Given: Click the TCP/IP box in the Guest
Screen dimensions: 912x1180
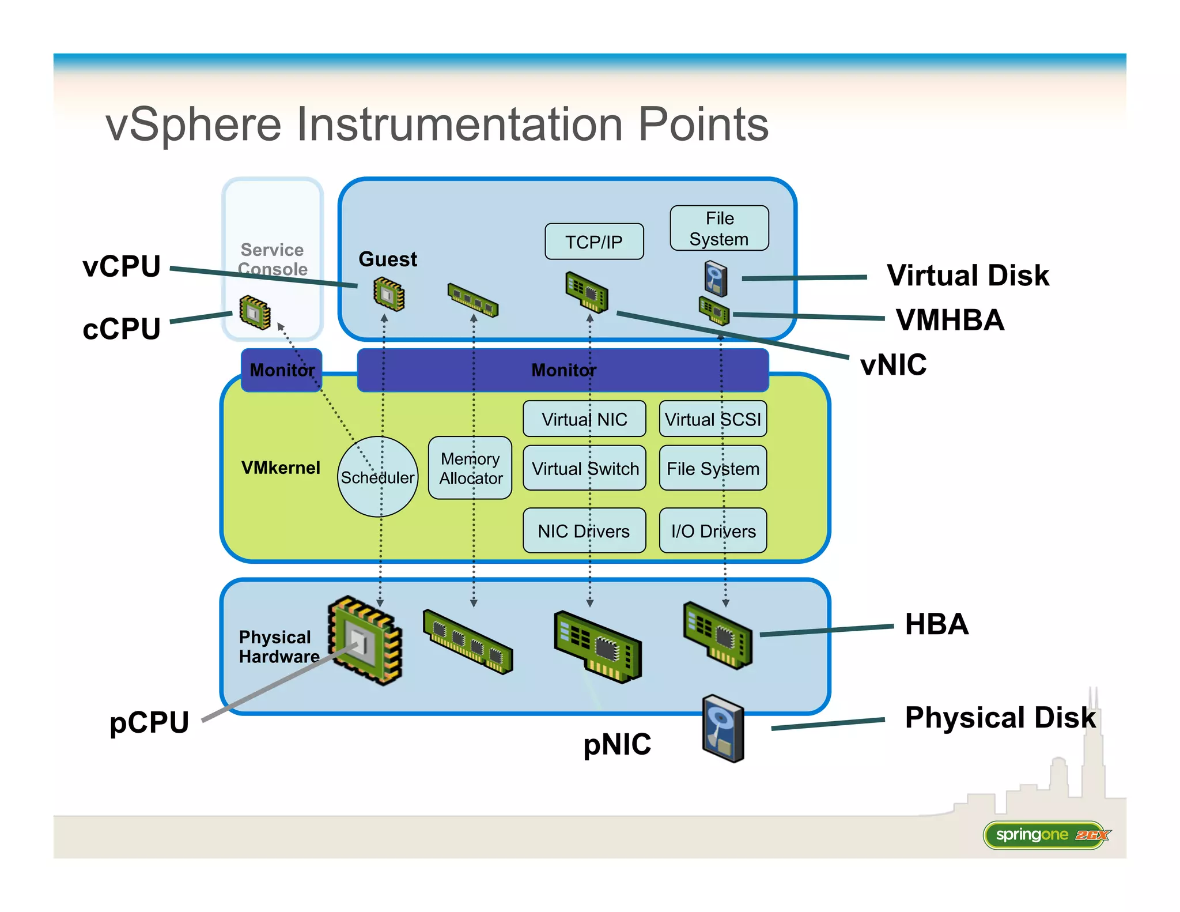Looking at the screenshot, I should point(594,242).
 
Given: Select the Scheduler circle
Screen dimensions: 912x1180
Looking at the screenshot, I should point(377,477).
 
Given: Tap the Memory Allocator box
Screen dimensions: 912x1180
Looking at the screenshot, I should point(470,468).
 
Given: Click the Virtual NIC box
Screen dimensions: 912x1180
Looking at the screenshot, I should point(584,419).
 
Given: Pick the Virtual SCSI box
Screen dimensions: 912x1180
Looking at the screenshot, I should point(713,419).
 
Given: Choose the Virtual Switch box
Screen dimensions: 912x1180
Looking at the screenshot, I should point(584,468).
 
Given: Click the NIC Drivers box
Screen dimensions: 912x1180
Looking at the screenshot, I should point(584,530).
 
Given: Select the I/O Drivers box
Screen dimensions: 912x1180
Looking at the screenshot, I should point(713,530).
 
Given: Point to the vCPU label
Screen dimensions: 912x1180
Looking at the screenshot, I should point(122,267).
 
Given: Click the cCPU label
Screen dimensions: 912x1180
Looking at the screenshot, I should point(122,329).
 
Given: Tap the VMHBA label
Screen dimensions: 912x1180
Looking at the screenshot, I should point(950,320).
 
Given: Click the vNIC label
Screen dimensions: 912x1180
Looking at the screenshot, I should point(893,365).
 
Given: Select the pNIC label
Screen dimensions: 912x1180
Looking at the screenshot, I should point(617,744).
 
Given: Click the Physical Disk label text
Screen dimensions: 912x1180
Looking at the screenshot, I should point(1000,718).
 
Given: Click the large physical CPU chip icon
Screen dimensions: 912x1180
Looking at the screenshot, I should point(365,640).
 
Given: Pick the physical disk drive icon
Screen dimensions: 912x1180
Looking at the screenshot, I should point(724,729).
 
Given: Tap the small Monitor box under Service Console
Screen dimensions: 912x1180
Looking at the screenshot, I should point(281,370).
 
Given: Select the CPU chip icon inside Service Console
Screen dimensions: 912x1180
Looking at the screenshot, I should point(255,312).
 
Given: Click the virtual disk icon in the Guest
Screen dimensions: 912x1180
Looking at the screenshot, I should point(716,278).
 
